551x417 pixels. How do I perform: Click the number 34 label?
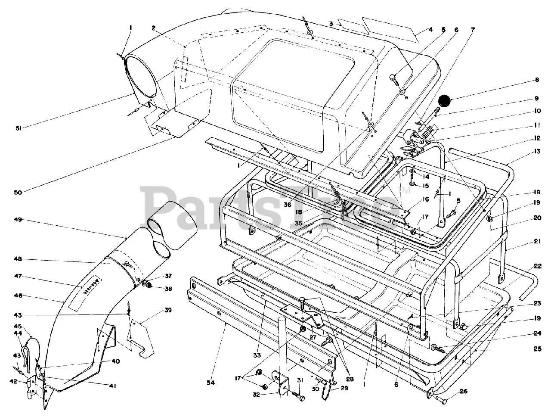pos(210,383)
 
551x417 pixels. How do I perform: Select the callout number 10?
pos(536,111)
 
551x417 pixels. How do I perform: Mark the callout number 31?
pos(300,380)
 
